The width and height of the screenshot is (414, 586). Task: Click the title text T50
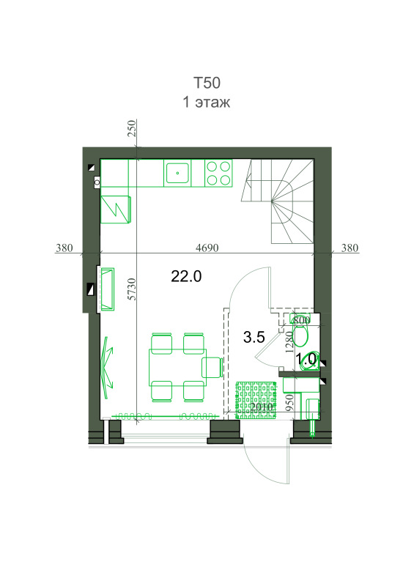tap(207, 83)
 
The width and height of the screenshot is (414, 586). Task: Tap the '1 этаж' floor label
tap(206, 102)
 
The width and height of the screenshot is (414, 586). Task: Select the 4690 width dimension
tap(207, 248)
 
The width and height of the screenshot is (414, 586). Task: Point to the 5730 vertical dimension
tap(132, 289)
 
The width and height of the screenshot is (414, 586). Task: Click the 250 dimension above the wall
tap(132, 128)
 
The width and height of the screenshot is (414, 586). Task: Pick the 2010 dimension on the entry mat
tap(262, 407)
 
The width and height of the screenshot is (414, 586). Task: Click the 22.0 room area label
tap(186, 277)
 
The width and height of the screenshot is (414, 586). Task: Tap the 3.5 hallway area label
tap(254, 337)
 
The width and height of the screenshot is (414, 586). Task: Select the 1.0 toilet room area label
tap(306, 359)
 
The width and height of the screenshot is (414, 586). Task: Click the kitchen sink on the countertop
tap(177, 173)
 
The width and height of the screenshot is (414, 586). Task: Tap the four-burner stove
tap(218, 173)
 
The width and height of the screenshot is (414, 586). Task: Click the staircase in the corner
tap(278, 201)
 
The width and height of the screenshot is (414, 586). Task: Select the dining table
tap(177, 368)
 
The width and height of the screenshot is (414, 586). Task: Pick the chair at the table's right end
tap(212, 368)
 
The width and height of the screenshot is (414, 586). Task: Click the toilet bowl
tap(300, 335)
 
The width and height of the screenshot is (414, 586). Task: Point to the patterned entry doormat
tap(256, 400)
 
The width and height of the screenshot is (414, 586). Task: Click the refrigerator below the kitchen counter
tap(116, 209)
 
